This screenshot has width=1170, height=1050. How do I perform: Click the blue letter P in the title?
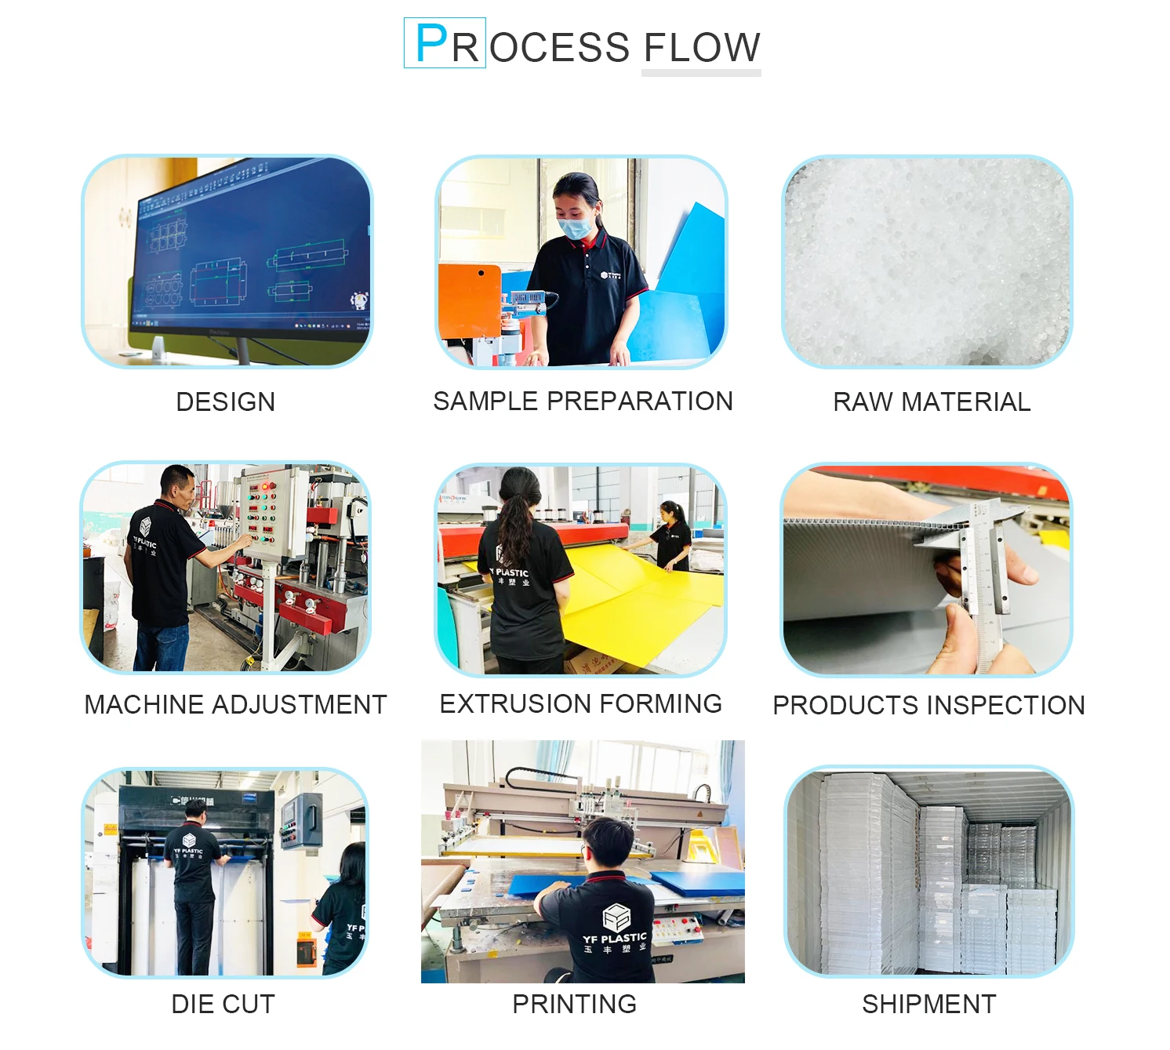pyautogui.click(x=431, y=44)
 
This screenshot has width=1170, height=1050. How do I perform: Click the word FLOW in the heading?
pyautogui.click(x=702, y=48)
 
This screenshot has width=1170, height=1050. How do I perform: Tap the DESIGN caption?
pyautogui.click(x=226, y=402)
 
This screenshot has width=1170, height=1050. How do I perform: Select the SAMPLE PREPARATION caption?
pyautogui.click(x=583, y=401)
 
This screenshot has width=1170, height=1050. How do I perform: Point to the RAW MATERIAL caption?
pyautogui.click(x=932, y=402)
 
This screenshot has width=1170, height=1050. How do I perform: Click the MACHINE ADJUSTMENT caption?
pyautogui.click(x=235, y=705)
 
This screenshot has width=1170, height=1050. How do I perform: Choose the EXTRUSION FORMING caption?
pyautogui.click(x=581, y=704)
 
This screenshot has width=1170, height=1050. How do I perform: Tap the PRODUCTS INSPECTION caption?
pyautogui.click(x=928, y=706)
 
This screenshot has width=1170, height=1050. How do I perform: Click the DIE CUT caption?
pyautogui.click(x=223, y=1005)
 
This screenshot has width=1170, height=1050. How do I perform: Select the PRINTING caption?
pyautogui.click(x=575, y=1005)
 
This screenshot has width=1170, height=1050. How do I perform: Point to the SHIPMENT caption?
pyautogui.click(x=929, y=1005)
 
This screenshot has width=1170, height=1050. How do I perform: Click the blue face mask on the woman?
pyautogui.click(x=575, y=228)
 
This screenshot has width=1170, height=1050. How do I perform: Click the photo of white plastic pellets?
pyautogui.click(x=927, y=261)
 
